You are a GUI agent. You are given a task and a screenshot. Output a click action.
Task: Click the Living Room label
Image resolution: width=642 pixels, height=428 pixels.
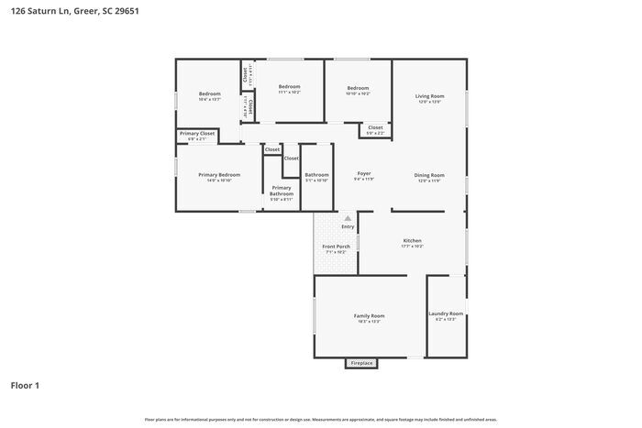[x=429, y=95]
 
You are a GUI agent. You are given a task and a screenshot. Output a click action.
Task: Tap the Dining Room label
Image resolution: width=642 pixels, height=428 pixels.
[x=429, y=175]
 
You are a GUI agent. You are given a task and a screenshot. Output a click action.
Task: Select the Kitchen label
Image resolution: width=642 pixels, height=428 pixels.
[x=412, y=240]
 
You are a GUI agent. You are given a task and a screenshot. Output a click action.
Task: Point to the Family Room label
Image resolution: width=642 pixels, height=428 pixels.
[x=369, y=315]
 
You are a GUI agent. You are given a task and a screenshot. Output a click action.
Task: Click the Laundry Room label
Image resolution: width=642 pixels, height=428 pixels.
[x=446, y=313]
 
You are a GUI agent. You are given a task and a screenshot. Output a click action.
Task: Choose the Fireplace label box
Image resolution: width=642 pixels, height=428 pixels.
[x=361, y=363]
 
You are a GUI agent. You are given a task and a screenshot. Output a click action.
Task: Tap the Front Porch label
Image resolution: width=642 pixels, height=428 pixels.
[x=335, y=247]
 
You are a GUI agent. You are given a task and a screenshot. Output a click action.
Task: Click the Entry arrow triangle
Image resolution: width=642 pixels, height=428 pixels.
[x=348, y=218]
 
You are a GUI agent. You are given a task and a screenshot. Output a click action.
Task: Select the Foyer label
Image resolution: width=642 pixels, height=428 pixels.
[x=363, y=173]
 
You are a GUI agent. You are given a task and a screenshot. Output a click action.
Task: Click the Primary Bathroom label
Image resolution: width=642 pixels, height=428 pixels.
[x=281, y=191]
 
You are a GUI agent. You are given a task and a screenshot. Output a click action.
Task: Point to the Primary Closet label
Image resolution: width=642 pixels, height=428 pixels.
[x=197, y=134]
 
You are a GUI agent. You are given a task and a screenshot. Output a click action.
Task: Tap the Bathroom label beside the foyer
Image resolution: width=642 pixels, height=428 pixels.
[x=316, y=174]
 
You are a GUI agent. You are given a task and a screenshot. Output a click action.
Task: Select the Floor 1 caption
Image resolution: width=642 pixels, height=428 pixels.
[x=25, y=385]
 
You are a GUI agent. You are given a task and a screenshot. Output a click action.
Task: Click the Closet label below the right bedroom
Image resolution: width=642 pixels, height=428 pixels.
[x=375, y=127]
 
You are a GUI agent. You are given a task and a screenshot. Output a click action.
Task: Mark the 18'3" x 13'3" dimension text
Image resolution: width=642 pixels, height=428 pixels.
[x=369, y=322]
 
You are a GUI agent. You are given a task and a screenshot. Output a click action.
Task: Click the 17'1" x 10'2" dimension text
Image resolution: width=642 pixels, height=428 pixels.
[x=412, y=247]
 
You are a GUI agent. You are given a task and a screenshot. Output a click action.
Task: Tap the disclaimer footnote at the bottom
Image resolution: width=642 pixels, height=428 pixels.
[x=320, y=419]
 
